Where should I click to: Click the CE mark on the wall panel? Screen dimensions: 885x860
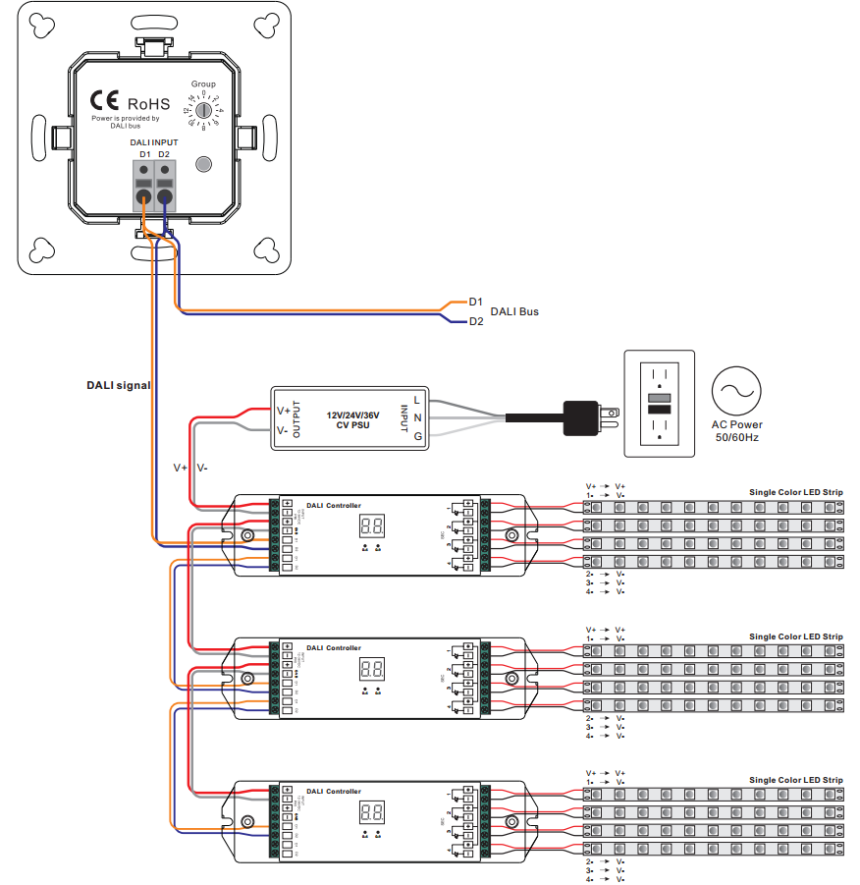pyautogui.click(x=105, y=101)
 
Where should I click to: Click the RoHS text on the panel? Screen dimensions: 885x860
pyautogui.click(x=148, y=103)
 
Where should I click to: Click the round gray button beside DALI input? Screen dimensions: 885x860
pyautogui.click(x=203, y=164)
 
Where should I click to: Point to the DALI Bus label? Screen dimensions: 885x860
pyautogui.click(x=514, y=311)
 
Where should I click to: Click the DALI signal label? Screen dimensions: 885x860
pyautogui.click(x=118, y=386)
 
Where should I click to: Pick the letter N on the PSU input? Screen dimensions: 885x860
pyautogui.click(x=417, y=417)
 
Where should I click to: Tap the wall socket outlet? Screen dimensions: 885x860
pyautogui.click(x=659, y=404)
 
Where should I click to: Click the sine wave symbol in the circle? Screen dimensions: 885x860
pyautogui.click(x=736, y=392)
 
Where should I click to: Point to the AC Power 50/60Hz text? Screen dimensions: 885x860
pyautogui.click(x=736, y=431)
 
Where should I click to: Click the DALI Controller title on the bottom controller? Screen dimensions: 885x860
pyautogui.click(x=333, y=791)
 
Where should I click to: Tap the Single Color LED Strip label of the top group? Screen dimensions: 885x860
pyautogui.click(x=795, y=492)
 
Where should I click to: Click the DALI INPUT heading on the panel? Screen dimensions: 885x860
pyautogui.click(x=154, y=142)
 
